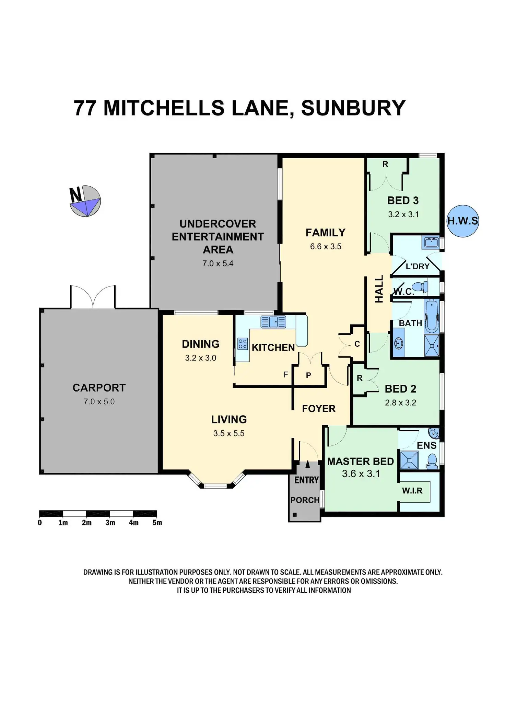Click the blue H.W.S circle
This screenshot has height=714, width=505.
click(x=462, y=221)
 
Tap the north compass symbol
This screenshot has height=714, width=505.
click(x=85, y=201)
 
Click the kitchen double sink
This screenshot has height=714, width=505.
click(x=273, y=322)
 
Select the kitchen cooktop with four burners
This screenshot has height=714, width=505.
click(x=243, y=344)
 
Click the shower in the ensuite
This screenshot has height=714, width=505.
click(x=409, y=460)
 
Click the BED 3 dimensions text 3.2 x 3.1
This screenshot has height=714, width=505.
click(x=403, y=214)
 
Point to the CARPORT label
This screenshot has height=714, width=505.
click(x=99, y=388)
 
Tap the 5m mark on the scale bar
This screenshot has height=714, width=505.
click(x=157, y=522)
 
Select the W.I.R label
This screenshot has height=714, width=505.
click(x=412, y=491)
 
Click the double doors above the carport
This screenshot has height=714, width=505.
click(x=93, y=296)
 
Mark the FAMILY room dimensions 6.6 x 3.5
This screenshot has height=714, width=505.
click(x=326, y=246)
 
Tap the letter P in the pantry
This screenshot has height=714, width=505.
click(x=308, y=376)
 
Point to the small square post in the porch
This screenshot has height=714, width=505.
click(x=294, y=514)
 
